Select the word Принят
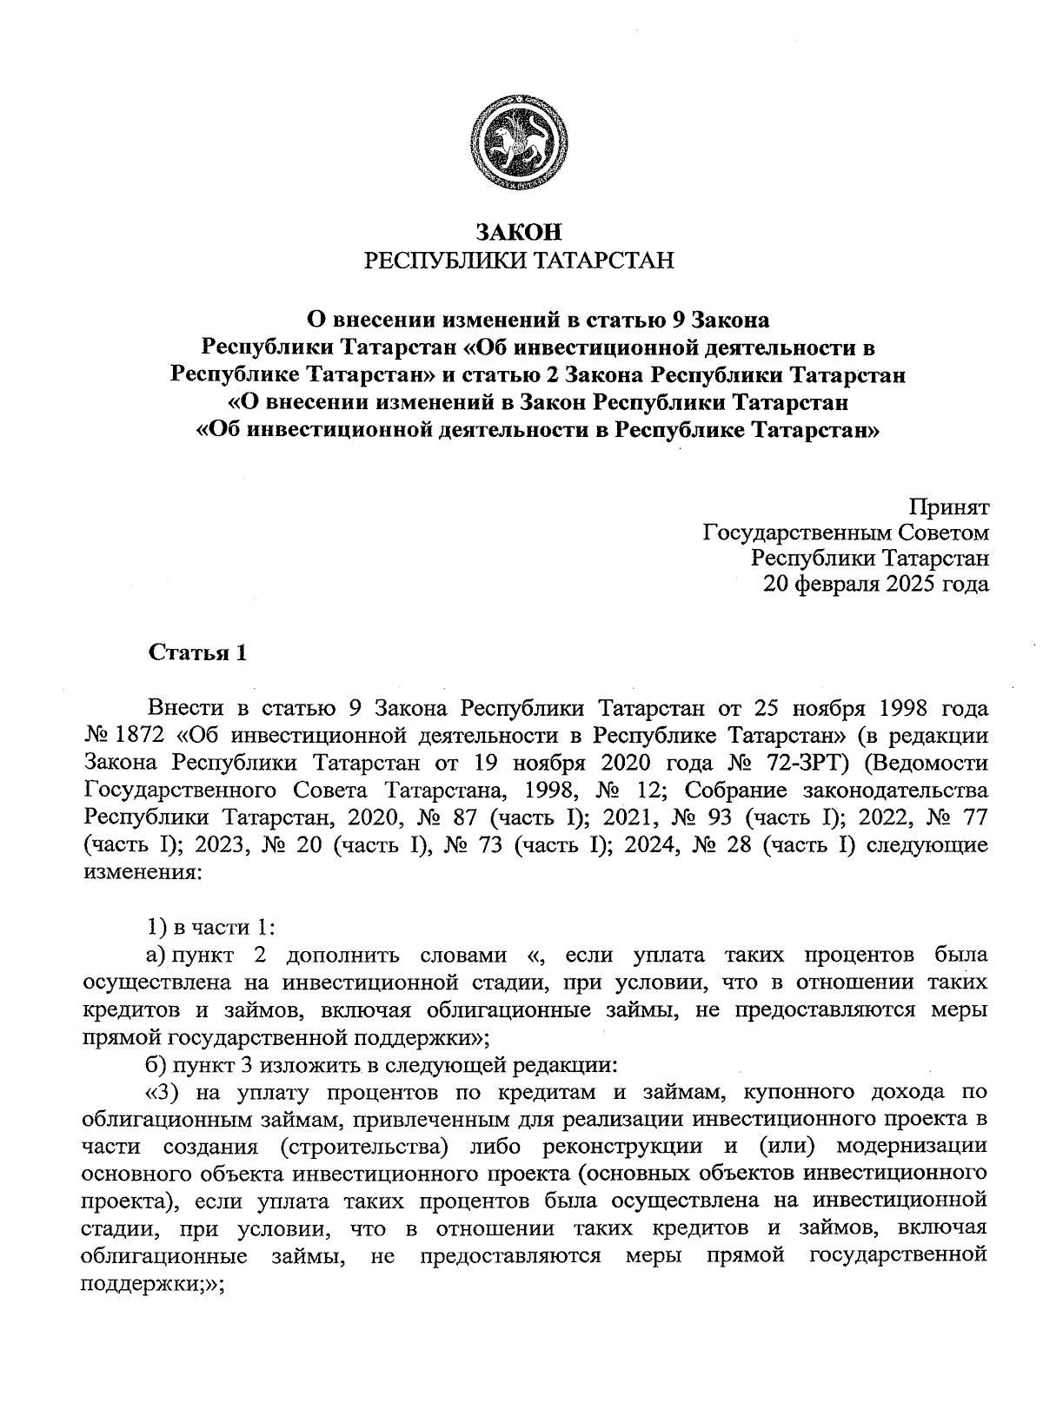tap(949, 506)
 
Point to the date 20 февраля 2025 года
tap(875, 585)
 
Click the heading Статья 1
tap(198, 653)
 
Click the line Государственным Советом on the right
tap(845, 533)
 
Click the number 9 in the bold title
tap(679, 320)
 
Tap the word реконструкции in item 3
tap(621, 1147)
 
